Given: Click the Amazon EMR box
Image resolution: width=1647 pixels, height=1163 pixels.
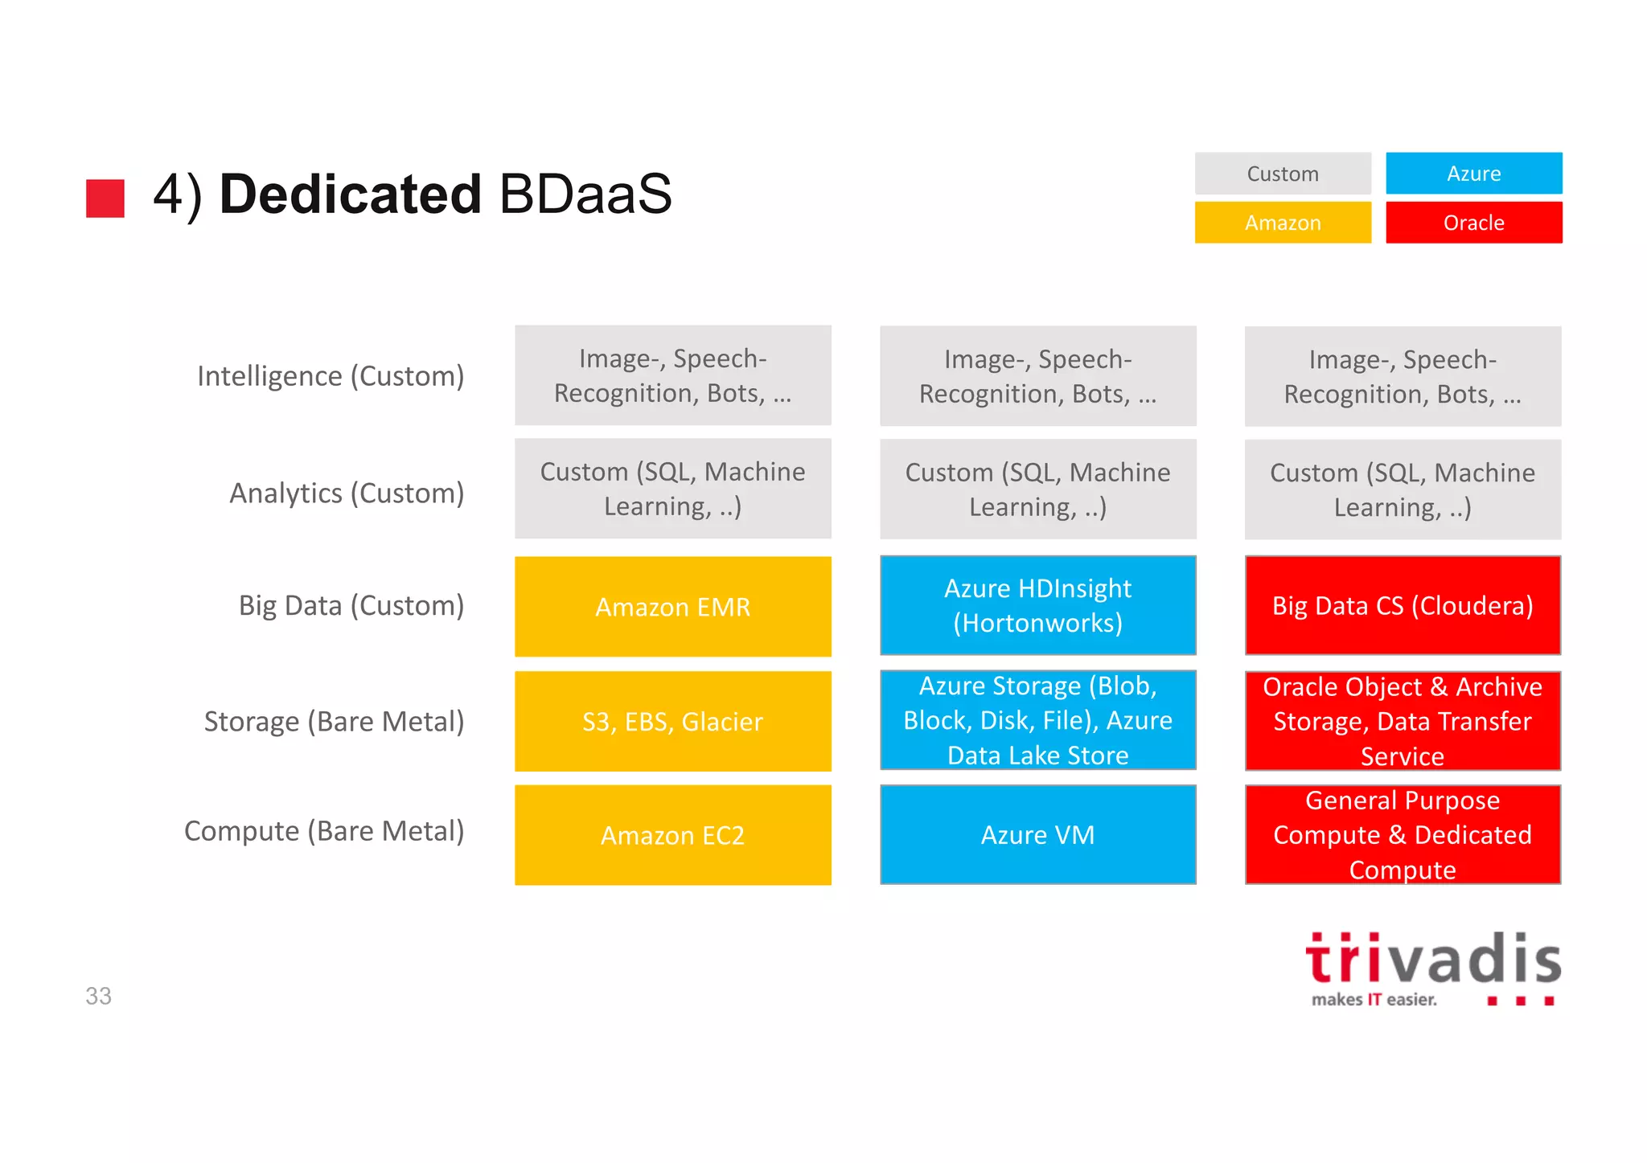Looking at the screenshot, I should [672, 607].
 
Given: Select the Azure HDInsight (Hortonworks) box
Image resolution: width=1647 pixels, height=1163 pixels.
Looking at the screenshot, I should [1037, 605].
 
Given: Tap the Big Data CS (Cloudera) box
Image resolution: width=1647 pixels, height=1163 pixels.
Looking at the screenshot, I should [1403, 605].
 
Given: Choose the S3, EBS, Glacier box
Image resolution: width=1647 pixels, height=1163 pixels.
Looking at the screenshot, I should [672, 721].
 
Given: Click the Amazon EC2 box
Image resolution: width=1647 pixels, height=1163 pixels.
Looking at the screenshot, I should [672, 835].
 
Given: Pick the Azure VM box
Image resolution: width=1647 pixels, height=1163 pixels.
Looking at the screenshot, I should [1037, 834].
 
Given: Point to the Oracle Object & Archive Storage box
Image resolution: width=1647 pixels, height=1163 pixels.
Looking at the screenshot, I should [1403, 721].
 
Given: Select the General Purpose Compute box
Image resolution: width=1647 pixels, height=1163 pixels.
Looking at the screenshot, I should [1403, 834].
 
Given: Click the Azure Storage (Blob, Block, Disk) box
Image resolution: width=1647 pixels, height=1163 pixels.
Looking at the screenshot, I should [1037, 720].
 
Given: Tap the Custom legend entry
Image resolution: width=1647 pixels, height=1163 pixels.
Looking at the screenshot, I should [1283, 174].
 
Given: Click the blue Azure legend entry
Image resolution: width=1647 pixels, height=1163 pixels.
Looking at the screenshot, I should [1473, 174].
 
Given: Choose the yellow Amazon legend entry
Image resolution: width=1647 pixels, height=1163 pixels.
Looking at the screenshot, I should [1283, 223].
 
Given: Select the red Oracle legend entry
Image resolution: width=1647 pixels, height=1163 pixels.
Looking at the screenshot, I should [1473, 223].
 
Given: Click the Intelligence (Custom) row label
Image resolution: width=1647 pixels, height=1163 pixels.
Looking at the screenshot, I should [331, 376].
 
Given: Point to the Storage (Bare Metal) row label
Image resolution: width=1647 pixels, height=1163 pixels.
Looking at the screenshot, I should [334, 722].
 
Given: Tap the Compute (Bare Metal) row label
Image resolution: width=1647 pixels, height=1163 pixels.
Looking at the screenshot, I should [324, 831].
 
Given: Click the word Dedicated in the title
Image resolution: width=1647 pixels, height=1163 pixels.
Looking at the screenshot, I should [350, 195].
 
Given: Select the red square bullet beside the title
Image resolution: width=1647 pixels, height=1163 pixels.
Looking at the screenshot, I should [105, 198].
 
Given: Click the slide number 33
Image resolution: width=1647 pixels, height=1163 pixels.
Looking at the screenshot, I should [98, 996].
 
